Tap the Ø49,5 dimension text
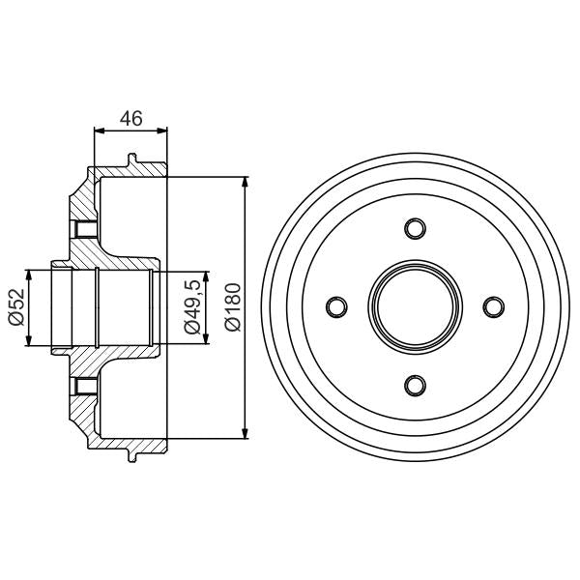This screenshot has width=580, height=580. tap(192, 307)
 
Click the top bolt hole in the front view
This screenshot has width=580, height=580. tap(415, 228)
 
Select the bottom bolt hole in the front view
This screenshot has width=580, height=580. tap(415, 385)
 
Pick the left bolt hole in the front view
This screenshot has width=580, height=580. tap(336, 306)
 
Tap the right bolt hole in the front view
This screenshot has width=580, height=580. tap(493, 306)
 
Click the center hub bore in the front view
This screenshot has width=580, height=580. tap(415, 306)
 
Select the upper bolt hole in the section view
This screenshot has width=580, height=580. tap(81, 230)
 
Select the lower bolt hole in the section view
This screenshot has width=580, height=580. tap(81, 388)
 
